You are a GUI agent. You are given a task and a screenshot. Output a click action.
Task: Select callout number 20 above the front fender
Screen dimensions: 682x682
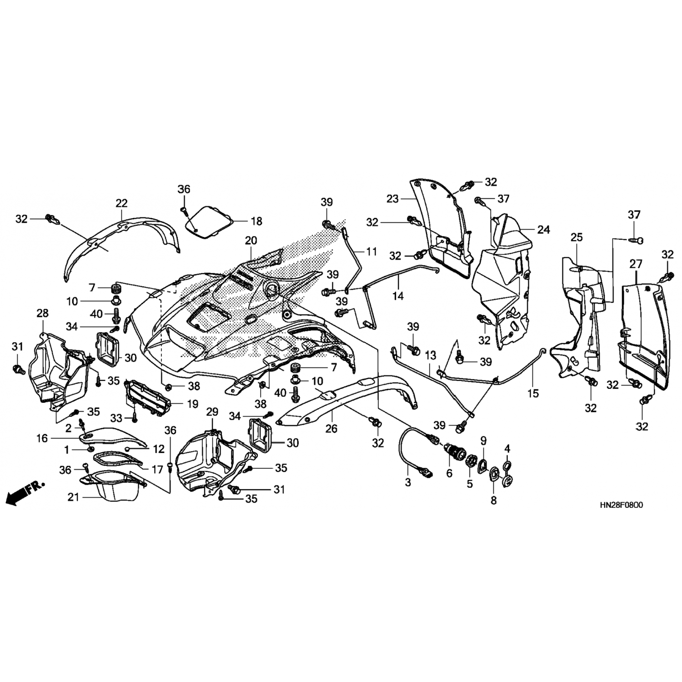pyautogui.click(x=251, y=241)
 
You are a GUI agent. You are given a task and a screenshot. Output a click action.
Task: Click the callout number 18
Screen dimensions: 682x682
pyautogui.click(x=256, y=221)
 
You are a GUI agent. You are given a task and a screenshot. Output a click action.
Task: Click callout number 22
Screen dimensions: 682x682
pyautogui.click(x=122, y=203)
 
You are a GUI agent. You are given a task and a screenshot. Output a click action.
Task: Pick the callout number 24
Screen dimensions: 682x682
pyautogui.click(x=544, y=230)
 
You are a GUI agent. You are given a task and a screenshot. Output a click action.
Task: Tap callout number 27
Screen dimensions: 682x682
pyautogui.click(x=636, y=264)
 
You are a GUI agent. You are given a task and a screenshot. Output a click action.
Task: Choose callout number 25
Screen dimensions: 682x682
pyautogui.click(x=577, y=237)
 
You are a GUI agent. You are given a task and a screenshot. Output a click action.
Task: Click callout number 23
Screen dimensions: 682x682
pyautogui.click(x=392, y=199)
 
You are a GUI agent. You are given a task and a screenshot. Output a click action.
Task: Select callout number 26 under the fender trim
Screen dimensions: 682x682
pyautogui.click(x=331, y=428)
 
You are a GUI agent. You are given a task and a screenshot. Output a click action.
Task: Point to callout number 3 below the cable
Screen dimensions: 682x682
pyautogui.click(x=408, y=482)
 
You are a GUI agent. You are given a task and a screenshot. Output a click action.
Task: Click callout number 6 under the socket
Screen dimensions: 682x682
pyautogui.click(x=449, y=473)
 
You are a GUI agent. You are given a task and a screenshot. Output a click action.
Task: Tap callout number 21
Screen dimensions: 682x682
pyautogui.click(x=74, y=497)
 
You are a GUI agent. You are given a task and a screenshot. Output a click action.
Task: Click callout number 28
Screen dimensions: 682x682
pyautogui.click(x=42, y=313)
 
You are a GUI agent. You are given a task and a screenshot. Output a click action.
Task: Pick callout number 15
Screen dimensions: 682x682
pyautogui.click(x=533, y=392)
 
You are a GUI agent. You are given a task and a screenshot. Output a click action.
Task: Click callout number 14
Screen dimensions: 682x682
pyautogui.click(x=398, y=296)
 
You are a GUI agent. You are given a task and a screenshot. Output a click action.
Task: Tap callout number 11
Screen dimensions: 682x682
pyautogui.click(x=372, y=251)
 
